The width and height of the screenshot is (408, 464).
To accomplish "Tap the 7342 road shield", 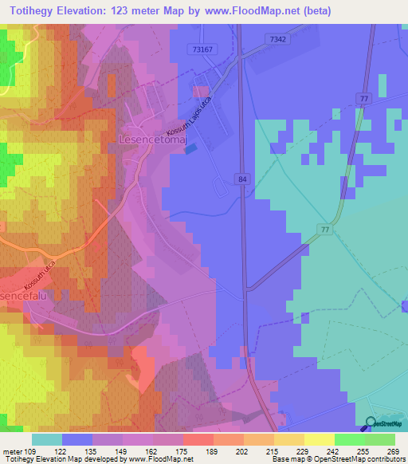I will click(x=277, y=39).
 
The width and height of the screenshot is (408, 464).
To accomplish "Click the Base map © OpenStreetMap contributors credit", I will click(x=344, y=459).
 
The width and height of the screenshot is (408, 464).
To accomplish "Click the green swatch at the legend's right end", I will click(x=379, y=439).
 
